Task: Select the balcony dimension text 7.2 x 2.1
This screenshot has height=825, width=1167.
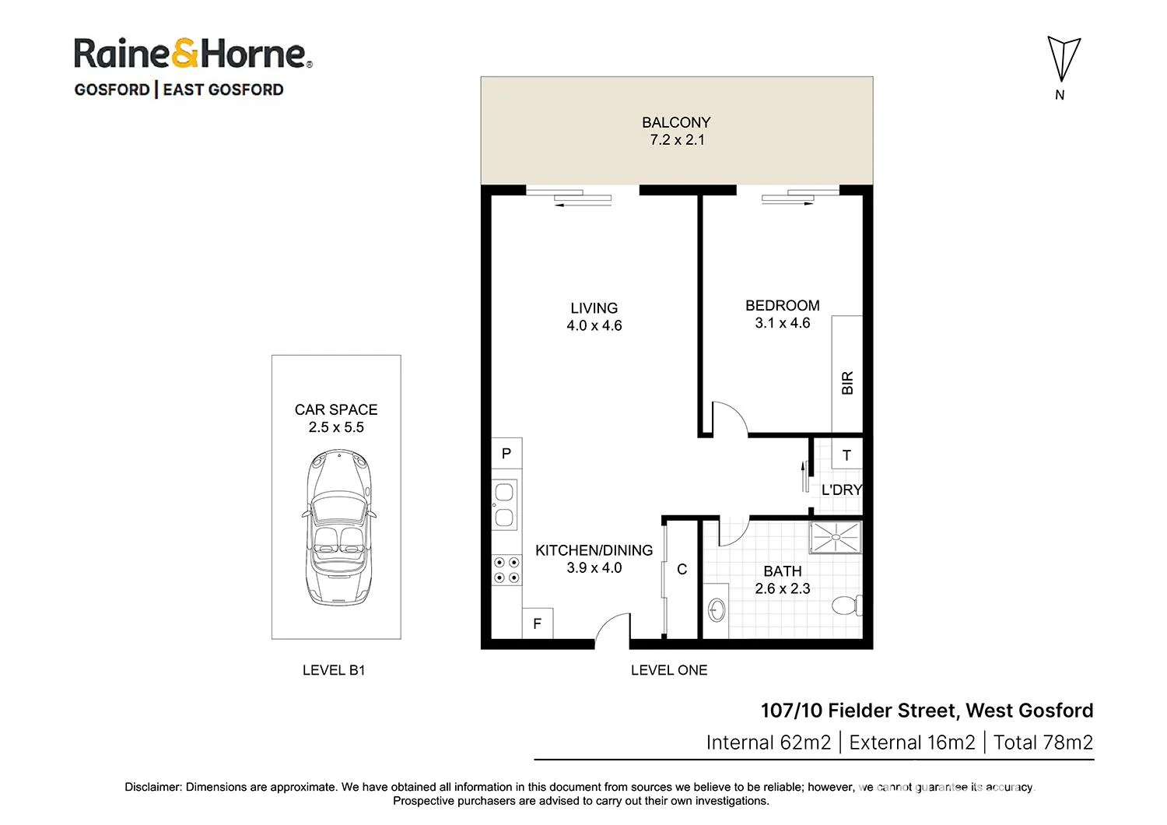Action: point(677,140)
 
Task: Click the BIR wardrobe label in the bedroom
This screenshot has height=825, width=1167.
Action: point(847,382)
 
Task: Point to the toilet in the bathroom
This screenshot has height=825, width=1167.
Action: point(846,605)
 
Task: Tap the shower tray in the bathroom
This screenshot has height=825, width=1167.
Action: point(836,537)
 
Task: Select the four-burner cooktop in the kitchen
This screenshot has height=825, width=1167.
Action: point(506,570)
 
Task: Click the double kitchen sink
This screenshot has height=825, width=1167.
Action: point(504,504)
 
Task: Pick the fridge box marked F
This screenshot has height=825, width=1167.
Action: point(537,623)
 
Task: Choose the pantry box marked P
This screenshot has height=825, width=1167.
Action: point(506,453)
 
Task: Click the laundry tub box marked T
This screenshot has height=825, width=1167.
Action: point(846,455)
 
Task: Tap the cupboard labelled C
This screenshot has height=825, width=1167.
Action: point(682,570)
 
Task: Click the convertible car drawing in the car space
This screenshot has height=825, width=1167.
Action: point(338,527)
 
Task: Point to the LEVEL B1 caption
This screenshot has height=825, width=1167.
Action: point(334,670)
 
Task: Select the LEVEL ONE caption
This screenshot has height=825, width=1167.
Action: point(669,670)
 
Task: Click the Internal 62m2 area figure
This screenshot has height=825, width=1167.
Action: point(768,742)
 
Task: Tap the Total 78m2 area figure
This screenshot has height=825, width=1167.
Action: point(1043,742)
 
